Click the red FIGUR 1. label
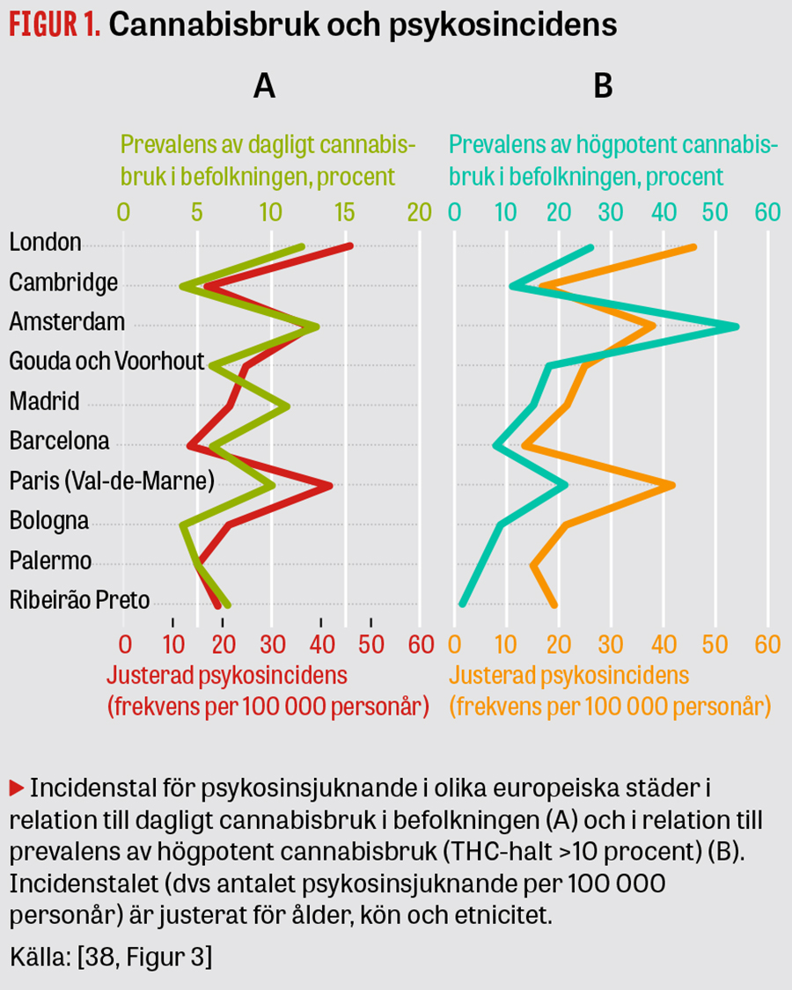coord(55,26)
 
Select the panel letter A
coord(264,86)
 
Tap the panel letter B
coord(603,86)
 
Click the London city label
coord(45,242)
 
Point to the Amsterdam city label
coord(67,322)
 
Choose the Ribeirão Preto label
coord(79,601)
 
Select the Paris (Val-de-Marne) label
coord(112,481)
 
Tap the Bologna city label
coord(48,521)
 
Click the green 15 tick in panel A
coord(344,212)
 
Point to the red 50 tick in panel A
coord(372,643)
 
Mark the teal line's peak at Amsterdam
coord(736,326)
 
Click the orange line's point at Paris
coord(672,485)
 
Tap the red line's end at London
coord(350,246)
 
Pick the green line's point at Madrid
coord(287,406)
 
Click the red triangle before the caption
coord(16,785)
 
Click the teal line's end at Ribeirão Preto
coord(462,604)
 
